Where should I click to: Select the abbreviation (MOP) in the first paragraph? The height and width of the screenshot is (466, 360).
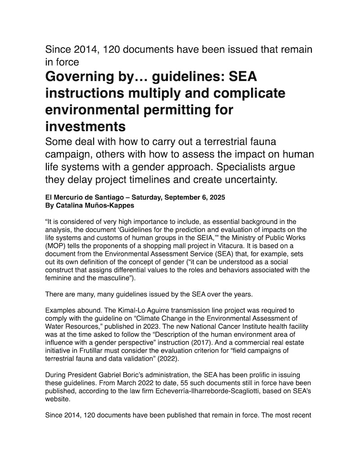click(55, 246)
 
